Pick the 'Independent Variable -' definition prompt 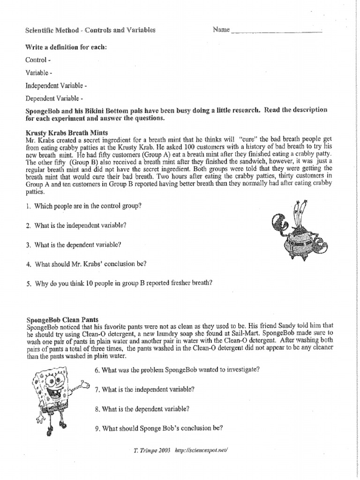(56, 86)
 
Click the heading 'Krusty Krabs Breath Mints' (67, 133)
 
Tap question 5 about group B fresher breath (120, 283)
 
